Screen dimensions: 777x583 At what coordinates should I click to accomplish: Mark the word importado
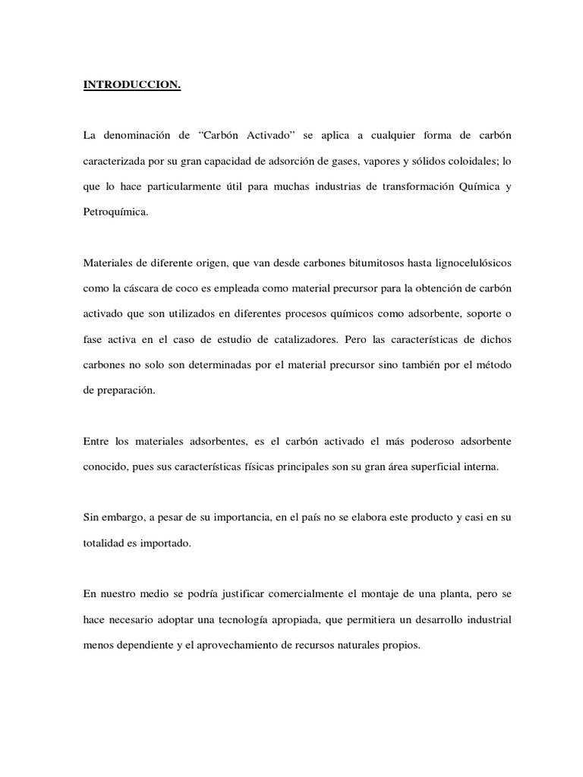tap(171, 544)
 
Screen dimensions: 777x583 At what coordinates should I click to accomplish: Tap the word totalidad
tap(106, 544)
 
